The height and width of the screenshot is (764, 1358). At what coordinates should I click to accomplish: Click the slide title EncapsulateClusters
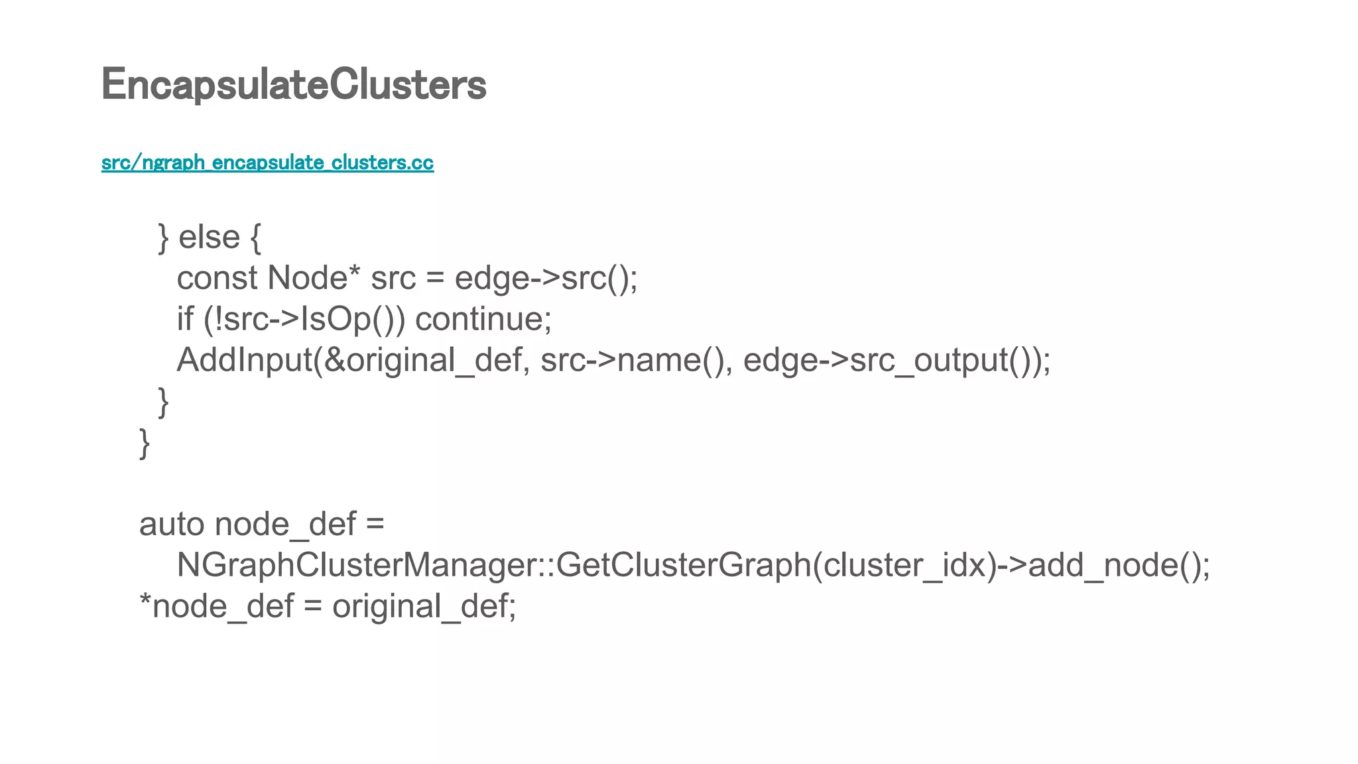pyautogui.click(x=294, y=85)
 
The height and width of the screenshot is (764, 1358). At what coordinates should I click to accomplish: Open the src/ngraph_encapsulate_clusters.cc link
pyautogui.click(x=267, y=162)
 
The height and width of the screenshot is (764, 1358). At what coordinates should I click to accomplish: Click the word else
pyautogui.click(x=209, y=237)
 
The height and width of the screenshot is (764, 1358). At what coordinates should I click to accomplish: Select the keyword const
pyautogui.click(x=217, y=278)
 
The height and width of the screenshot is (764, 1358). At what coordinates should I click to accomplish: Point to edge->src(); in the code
pyautogui.click(x=546, y=278)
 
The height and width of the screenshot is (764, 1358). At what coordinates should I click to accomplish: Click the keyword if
pyautogui.click(x=184, y=319)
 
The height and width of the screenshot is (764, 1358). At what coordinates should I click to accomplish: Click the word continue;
pyautogui.click(x=483, y=319)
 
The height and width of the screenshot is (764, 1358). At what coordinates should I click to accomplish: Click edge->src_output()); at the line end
pyautogui.click(x=896, y=360)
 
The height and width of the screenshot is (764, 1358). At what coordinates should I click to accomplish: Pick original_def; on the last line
pyautogui.click(x=424, y=607)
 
